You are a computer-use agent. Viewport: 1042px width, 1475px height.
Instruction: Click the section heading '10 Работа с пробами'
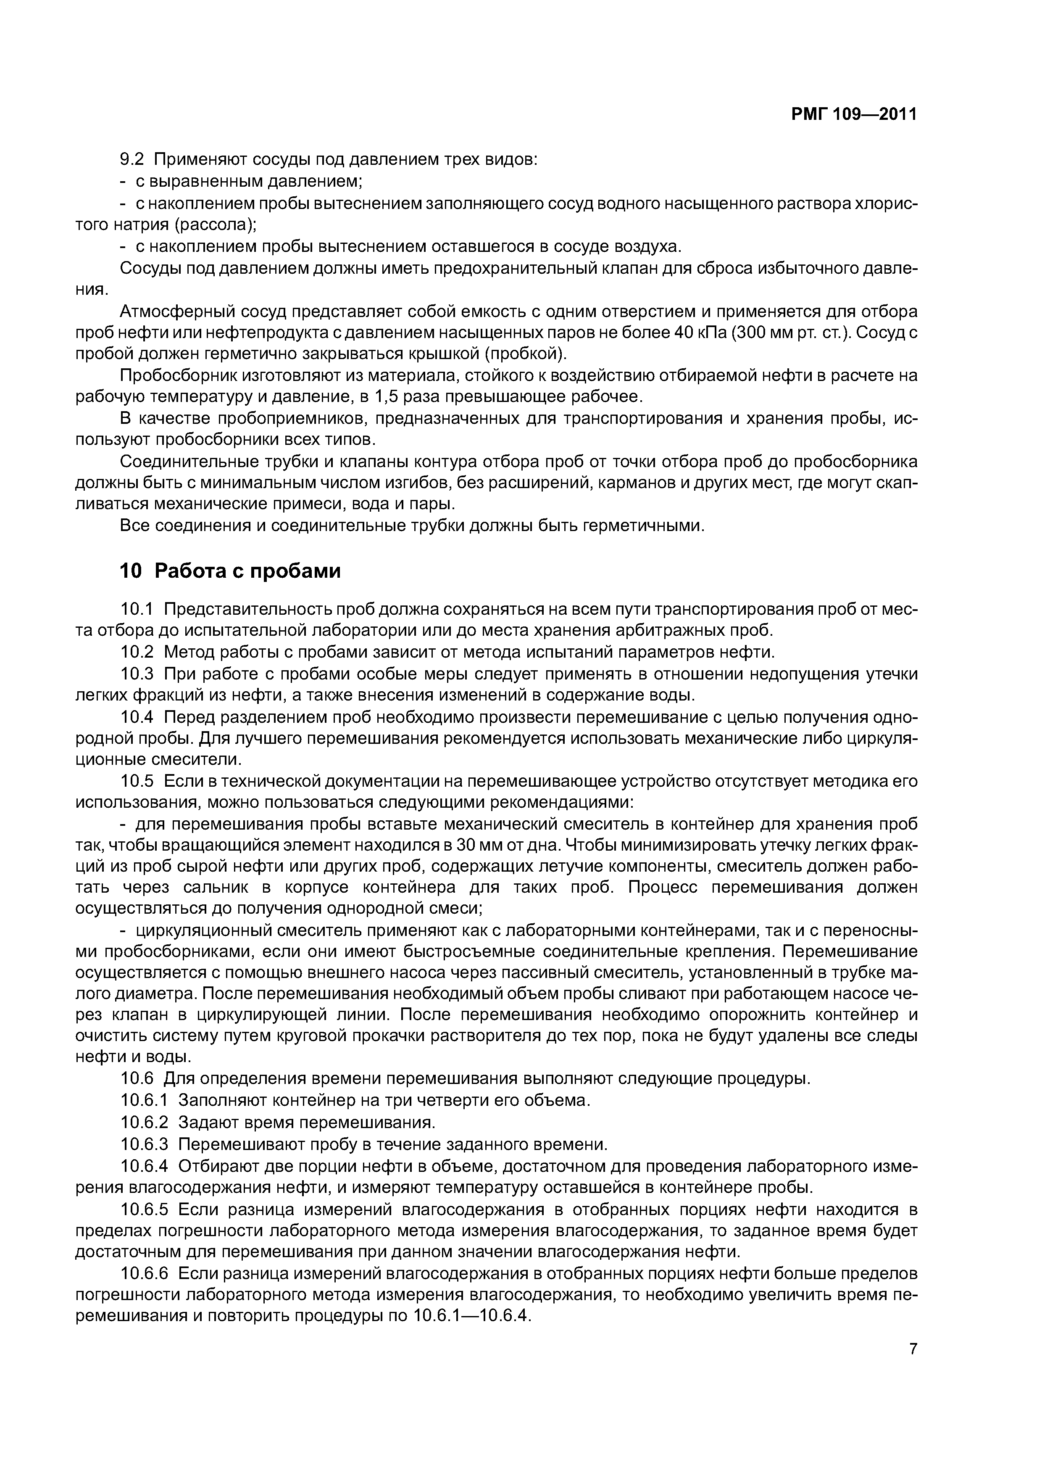(x=230, y=571)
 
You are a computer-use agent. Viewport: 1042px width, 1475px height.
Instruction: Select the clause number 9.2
(x=134, y=159)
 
